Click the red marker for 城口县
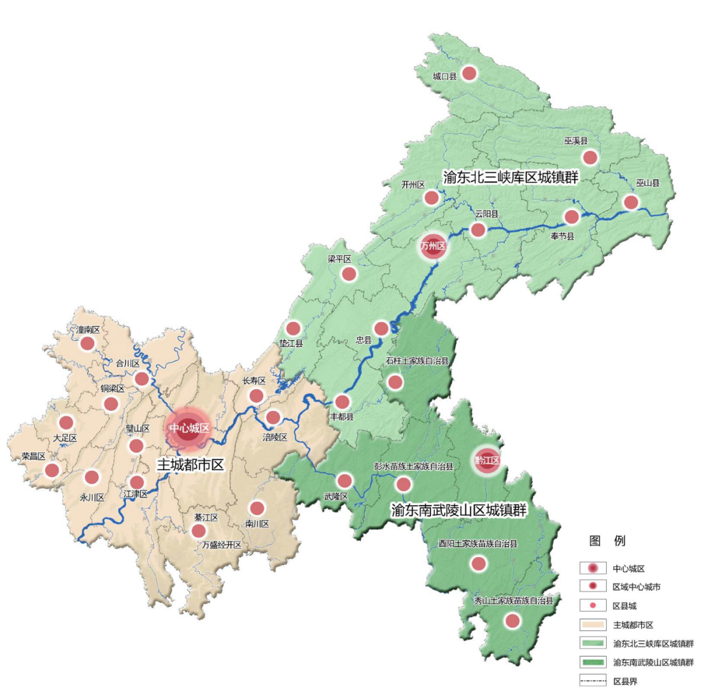point(469,73)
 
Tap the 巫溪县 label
point(575,141)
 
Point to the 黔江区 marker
point(487,460)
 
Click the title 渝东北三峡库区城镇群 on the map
point(510,177)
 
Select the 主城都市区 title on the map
point(191,465)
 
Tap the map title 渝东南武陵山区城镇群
point(458,510)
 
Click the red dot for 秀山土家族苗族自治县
point(512,621)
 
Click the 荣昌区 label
point(33,456)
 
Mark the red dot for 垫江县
point(293,329)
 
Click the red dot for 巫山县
point(630,202)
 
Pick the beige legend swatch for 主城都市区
point(593,625)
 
